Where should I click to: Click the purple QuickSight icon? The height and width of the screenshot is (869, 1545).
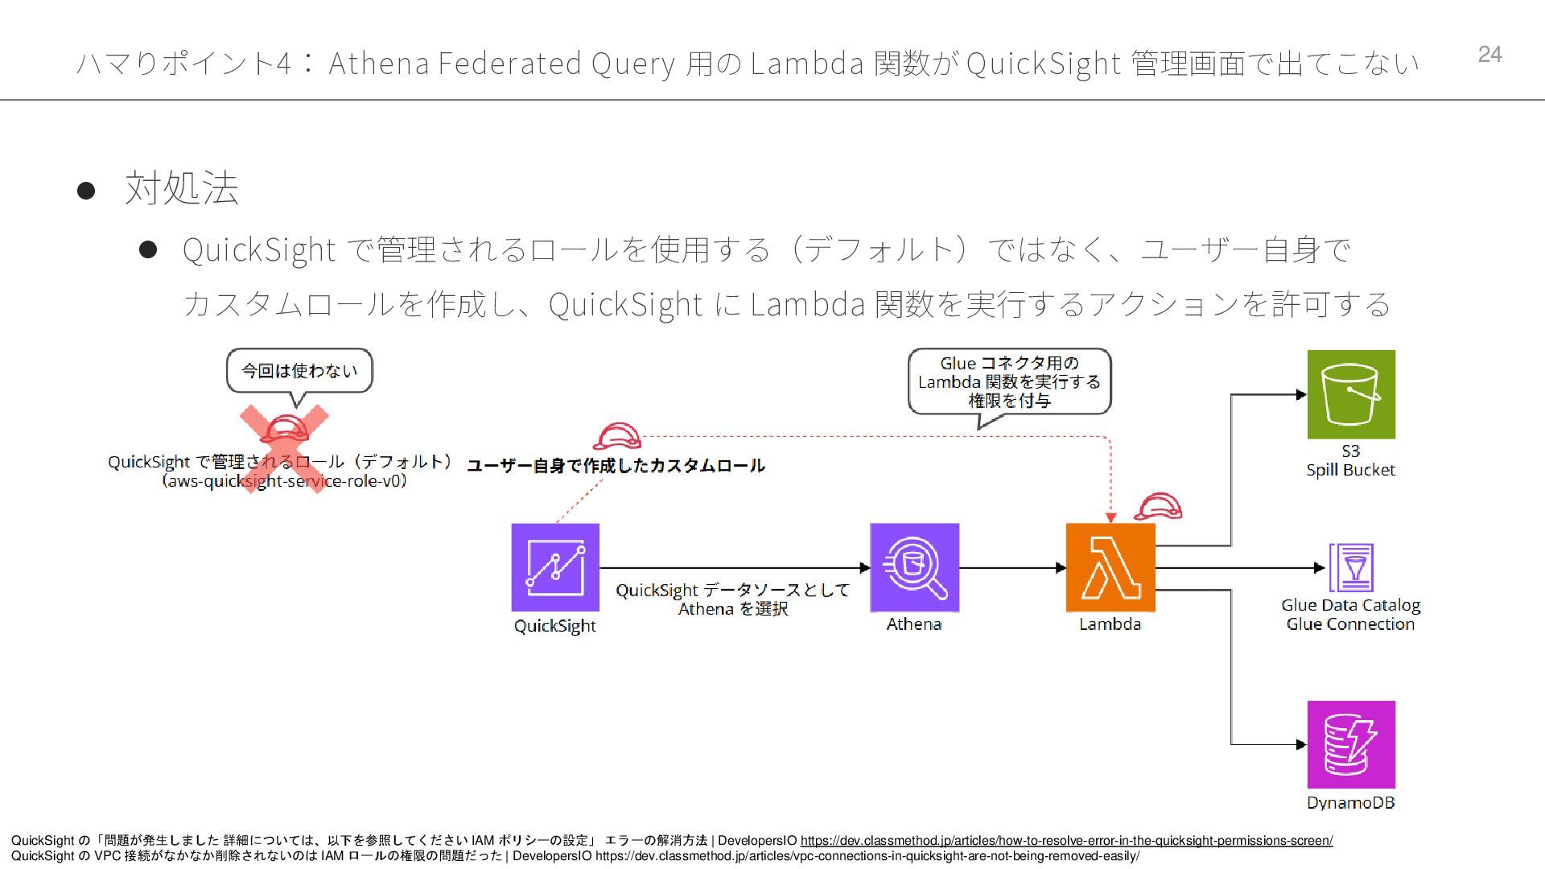tap(555, 567)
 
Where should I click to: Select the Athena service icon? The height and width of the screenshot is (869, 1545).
tap(914, 567)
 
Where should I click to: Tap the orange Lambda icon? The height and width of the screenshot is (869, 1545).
tap(1110, 567)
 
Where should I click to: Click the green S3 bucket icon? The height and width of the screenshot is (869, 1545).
tap(1351, 394)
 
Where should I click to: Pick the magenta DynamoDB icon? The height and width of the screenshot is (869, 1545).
tap(1351, 744)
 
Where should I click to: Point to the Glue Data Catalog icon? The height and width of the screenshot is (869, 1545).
tap(1351, 567)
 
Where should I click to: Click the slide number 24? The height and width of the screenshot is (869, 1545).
tap(1489, 54)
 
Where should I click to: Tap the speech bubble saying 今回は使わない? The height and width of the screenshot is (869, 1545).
tap(299, 371)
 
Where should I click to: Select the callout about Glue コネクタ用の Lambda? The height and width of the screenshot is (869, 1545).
tap(1009, 381)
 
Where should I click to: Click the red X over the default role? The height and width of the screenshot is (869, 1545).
tap(285, 447)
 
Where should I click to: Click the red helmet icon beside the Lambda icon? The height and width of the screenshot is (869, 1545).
tap(1158, 507)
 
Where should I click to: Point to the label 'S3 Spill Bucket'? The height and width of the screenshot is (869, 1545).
tap(1350, 461)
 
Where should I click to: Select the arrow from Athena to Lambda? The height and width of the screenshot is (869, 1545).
tap(1012, 567)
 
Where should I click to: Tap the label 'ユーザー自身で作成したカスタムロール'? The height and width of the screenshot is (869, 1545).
tap(616, 466)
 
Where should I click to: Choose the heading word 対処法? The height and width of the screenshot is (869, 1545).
tap(182, 188)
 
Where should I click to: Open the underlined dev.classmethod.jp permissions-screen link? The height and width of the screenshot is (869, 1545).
tap(1066, 841)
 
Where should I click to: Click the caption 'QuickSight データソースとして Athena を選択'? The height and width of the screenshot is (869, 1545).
tap(732, 599)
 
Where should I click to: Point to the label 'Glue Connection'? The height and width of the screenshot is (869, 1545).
tap(1350, 624)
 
